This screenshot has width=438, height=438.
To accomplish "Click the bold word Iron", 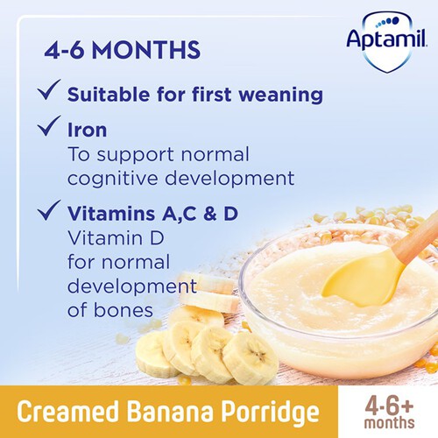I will pos(88,130).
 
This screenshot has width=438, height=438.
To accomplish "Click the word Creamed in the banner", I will pos(67,411).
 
